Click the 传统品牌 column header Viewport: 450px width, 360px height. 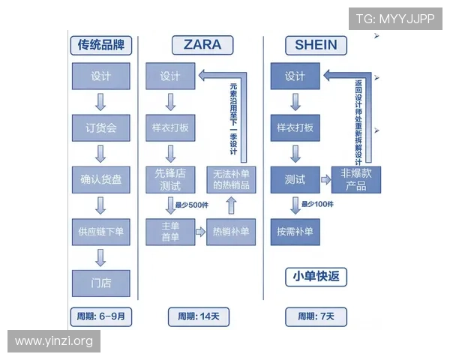pyautogui.click(x=100, y=45)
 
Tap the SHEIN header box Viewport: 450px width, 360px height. pyautogui.click(x=315, y=44)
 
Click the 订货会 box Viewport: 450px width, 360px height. pyautogui.click(x=100, y=128)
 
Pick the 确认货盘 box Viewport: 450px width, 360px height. pyautogui.click(x=100, y=180)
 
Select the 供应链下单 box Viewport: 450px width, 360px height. pyautogui.click(x=100, y=232)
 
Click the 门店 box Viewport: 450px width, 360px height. pyautogui.click(x=100, y=283)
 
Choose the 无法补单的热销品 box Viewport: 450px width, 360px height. pyautogui.click(x=231, y=179)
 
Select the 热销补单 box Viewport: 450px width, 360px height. pyautogui.click(x=231, y=232)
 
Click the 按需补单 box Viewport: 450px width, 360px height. pyautogui.click(x=295, y=232)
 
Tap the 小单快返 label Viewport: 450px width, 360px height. pyautogui.click(x=315, y=277)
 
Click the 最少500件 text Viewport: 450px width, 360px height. pyautogui.click(x=190, y=204)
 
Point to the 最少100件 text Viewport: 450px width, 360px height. pyautogui.click(x=316, y=204)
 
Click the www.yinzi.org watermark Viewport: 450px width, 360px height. pyautogui.click(x=54, y=341)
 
